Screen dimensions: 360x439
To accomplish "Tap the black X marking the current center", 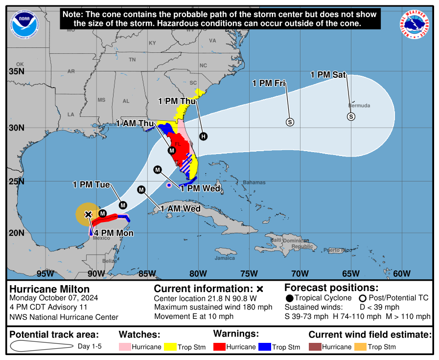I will (88, 214).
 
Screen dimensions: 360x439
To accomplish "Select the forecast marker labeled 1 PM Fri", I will (290, 122).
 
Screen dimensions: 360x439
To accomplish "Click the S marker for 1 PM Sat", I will (351, 116).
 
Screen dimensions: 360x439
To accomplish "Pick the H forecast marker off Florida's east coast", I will (203, 136).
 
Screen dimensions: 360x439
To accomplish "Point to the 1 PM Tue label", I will (91, 184).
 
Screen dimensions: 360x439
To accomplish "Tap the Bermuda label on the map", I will (359, 106).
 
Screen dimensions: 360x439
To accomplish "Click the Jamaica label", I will (225, 258).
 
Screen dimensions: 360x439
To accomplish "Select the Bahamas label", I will (254, 182).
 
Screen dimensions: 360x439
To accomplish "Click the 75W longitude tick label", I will (249, 273).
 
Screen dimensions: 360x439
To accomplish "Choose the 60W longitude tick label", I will (402, 273).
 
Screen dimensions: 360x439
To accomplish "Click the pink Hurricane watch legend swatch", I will (126, 347).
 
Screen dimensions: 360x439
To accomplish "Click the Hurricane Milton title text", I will (49, 289).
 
